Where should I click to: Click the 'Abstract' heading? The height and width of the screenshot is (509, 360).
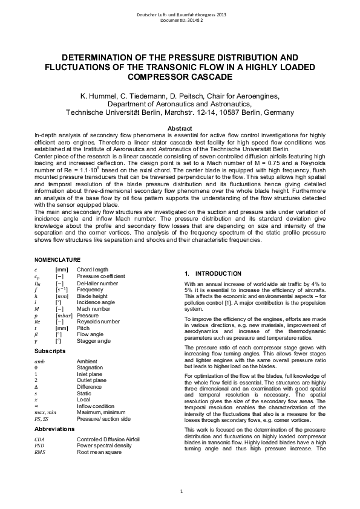click(179, 129)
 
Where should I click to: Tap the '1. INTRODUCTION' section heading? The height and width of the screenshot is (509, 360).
click(213, 274)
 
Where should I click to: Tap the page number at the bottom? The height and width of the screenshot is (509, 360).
click(180, 490)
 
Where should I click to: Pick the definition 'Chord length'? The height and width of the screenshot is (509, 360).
click(93, 269)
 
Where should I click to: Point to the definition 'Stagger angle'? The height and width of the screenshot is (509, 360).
click(94, 341)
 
